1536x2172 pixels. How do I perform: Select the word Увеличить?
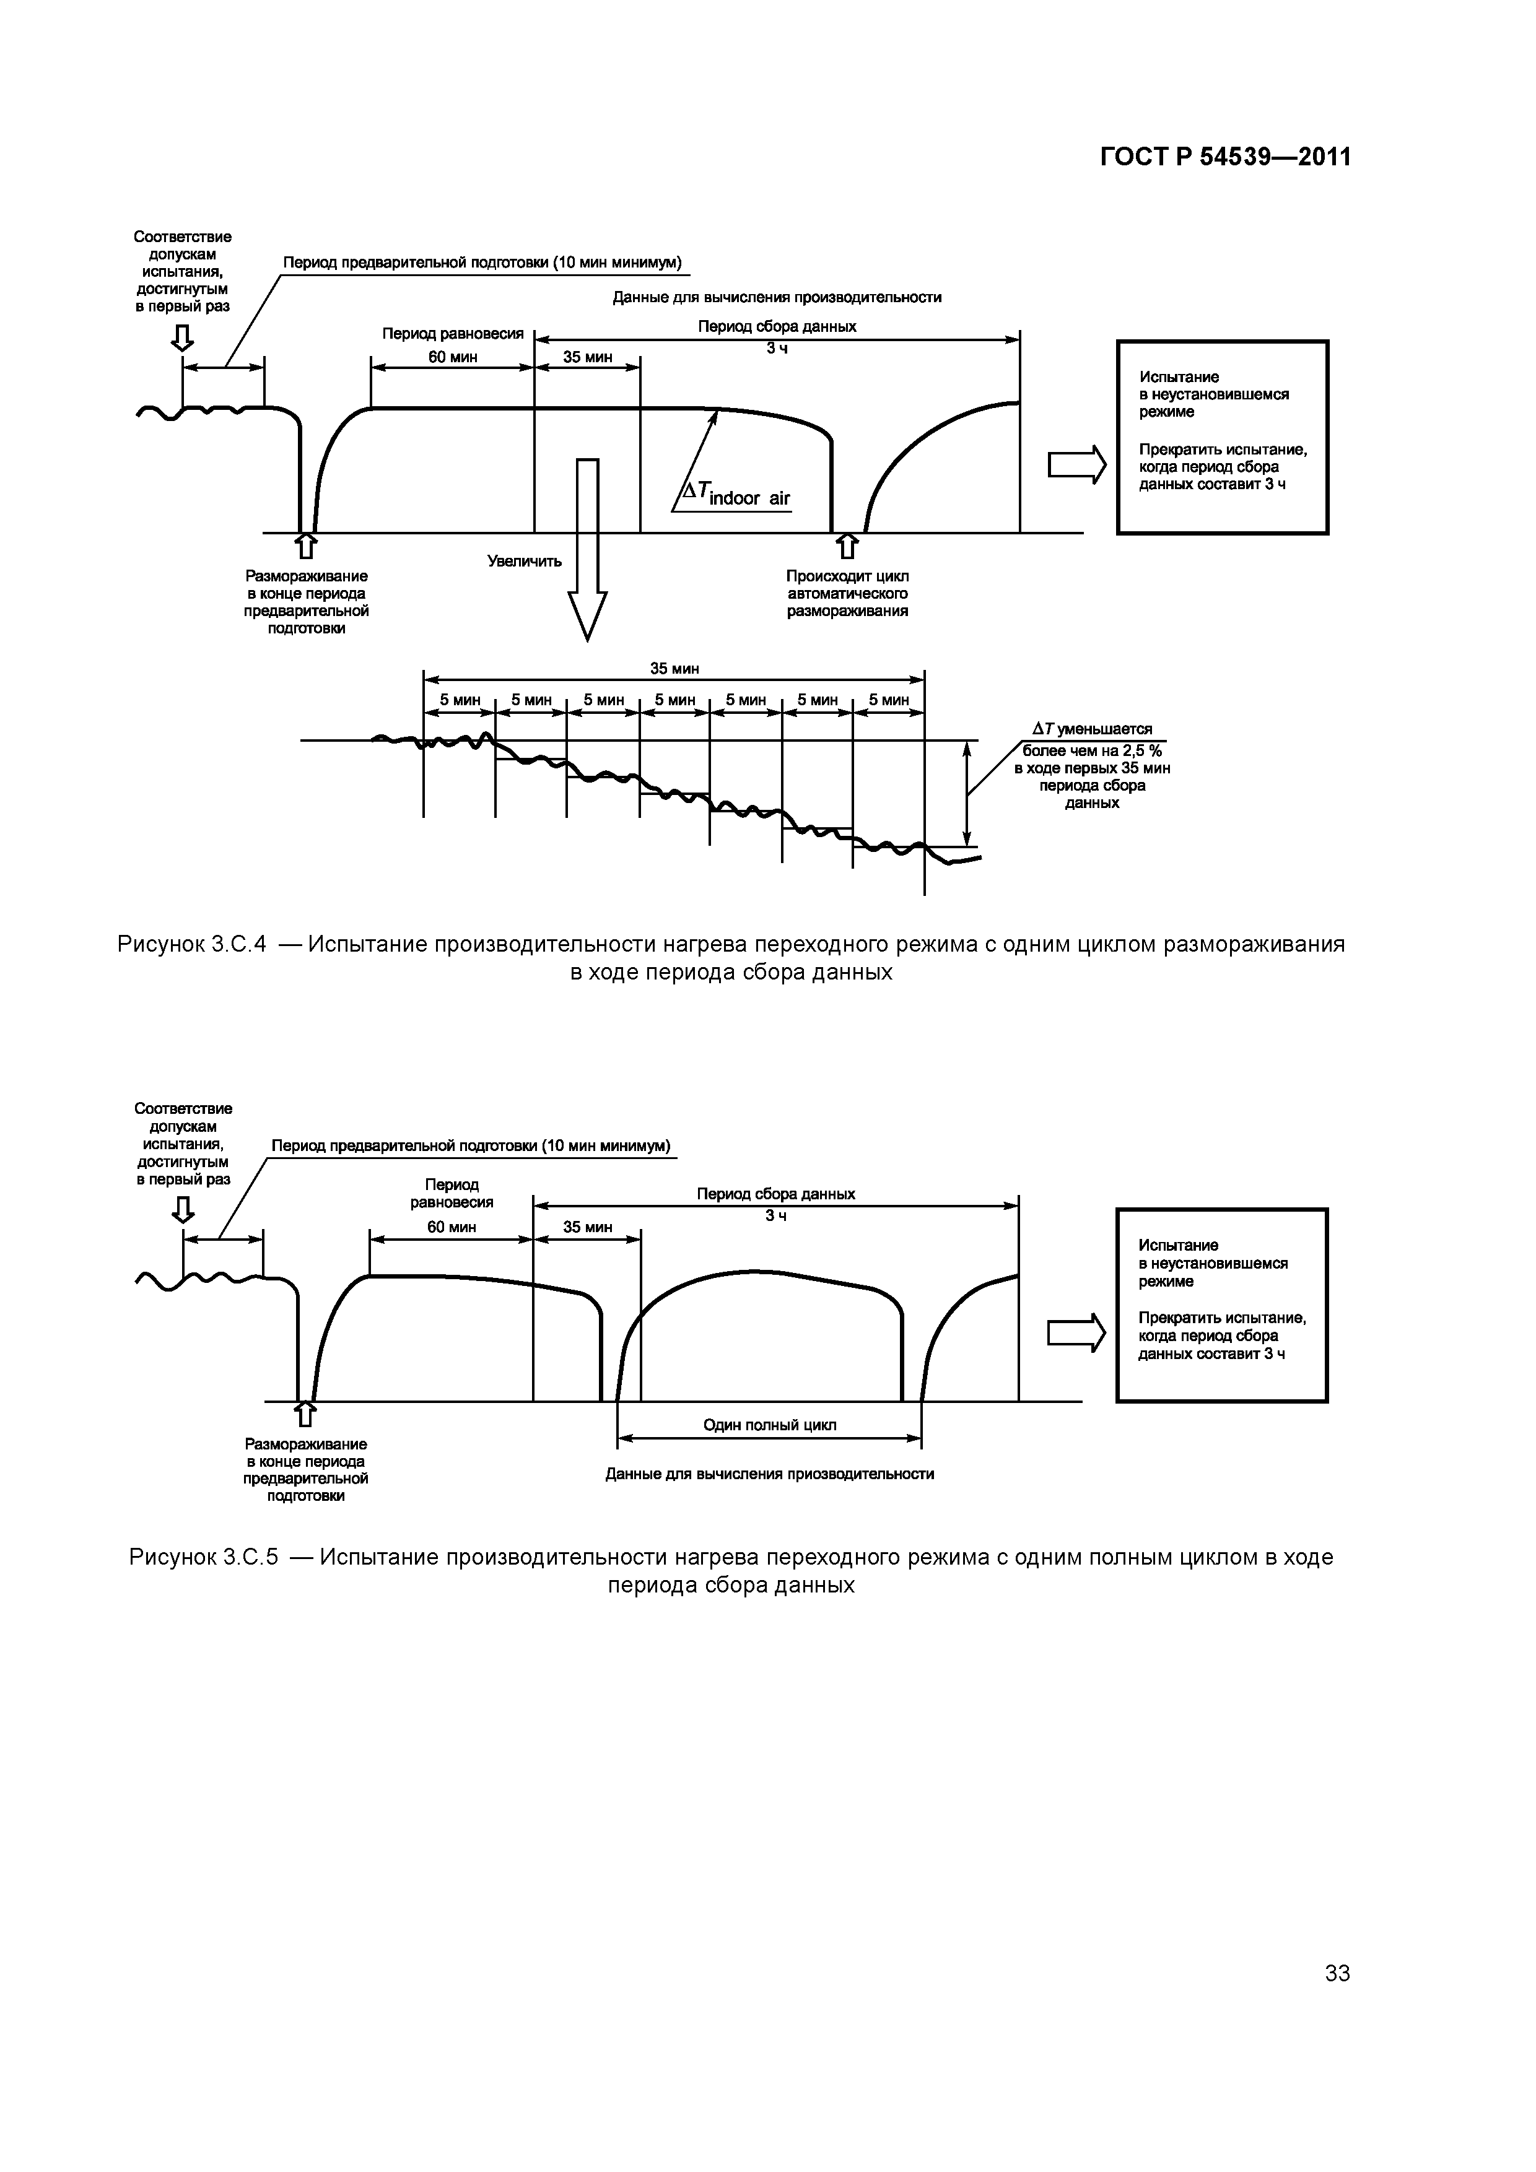coord(525,561)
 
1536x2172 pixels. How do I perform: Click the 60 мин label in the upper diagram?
coord(452,357)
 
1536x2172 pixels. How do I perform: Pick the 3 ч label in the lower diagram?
coord(776,1215)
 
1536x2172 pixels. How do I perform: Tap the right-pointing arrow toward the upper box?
coord(1077,464)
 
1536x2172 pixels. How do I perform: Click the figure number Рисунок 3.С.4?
coord(193,944)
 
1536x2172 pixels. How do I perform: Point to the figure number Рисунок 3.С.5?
coord(204,1557)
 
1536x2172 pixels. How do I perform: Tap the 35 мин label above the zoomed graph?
coord(674,669)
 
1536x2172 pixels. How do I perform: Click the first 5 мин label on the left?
coord(460,700)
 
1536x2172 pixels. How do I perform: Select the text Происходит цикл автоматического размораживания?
coord(847,593)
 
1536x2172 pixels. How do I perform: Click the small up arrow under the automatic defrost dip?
coord(847,547)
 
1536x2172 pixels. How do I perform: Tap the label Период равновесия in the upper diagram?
coord(452,334)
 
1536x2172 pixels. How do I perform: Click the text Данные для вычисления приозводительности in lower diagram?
coord(769,1474)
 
